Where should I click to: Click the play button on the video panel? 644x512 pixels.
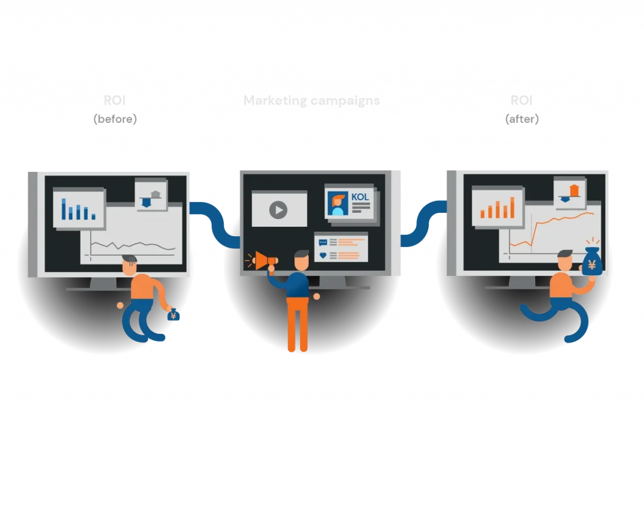pyautogui.click(x=278, y=210)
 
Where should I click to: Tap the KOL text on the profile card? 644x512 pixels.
pyautogui.click(x=360, y=197)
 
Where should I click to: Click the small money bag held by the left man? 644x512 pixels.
pyautogui.click(x=174, y=316)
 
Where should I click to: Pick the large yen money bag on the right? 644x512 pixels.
pyautogui.click(x=592, y=261)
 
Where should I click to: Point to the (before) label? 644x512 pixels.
pyautogui.click(x=114, y=119)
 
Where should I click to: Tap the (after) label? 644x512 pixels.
pyautogui.click(x=522, y=119)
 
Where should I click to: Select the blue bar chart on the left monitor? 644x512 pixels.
pyautogui.click(x=79, y=209)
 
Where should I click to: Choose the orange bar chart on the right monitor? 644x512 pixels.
pyautogui.click(x=497, y=207)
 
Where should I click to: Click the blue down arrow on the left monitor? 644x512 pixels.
pyautogui.click(x=147, y=202)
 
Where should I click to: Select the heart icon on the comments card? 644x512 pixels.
pyautogui.click(x=323, y=255)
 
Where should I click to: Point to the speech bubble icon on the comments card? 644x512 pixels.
pyautogui.click(x=323, y=242)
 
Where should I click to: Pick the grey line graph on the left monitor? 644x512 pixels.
pyautogui.click(x=132, y=246)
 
